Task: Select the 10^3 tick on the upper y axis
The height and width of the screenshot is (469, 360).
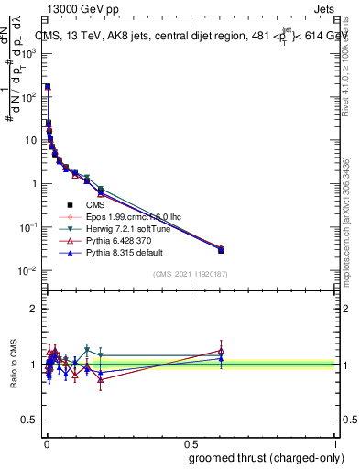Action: pos(29,53)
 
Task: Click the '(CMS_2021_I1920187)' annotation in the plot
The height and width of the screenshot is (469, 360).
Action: pos(189,274)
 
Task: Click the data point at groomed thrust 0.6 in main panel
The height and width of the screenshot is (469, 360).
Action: pos(221,249)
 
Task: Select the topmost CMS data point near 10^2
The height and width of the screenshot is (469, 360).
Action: pos(47,87)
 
